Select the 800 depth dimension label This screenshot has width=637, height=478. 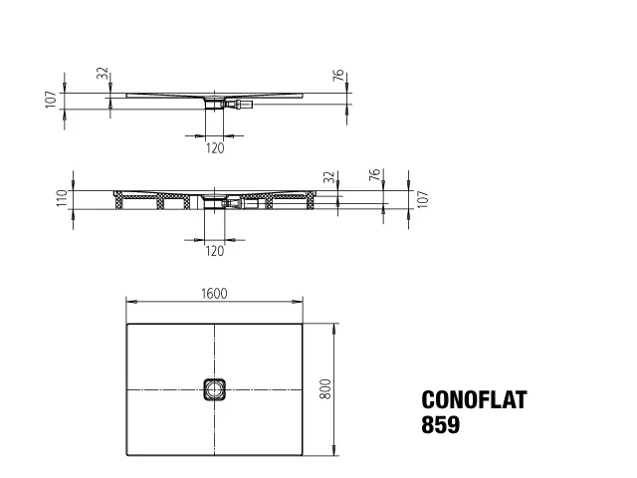[x=323, y=389]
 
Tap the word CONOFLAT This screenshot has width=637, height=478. [x=475, y=400]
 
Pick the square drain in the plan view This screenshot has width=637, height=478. [x=215, y=389]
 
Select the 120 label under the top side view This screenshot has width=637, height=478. [x=215, y=148]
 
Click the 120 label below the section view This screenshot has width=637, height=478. [x=215, y=251]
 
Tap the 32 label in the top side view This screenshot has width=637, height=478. [x=101, y=75]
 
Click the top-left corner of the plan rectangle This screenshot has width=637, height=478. [x=126, y=322]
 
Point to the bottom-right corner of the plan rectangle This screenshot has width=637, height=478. [x=304, y=457]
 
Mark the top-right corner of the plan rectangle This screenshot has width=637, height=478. [x=304, y=322]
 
